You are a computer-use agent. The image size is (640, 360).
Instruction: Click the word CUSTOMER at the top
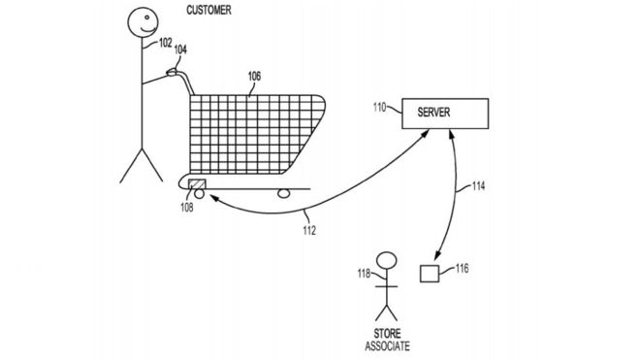(208, 11)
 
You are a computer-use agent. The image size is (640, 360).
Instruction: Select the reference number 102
(166, 43)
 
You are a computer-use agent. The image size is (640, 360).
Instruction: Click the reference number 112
(307, 231)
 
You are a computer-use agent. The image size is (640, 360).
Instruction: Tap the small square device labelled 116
(428, 273)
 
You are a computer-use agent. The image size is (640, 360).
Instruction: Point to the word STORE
(385, 334)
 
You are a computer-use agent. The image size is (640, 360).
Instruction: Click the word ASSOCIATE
(385, 345)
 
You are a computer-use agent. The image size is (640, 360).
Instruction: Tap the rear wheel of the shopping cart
(284, 192)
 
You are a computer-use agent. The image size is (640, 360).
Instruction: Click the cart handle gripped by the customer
(176, 71)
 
